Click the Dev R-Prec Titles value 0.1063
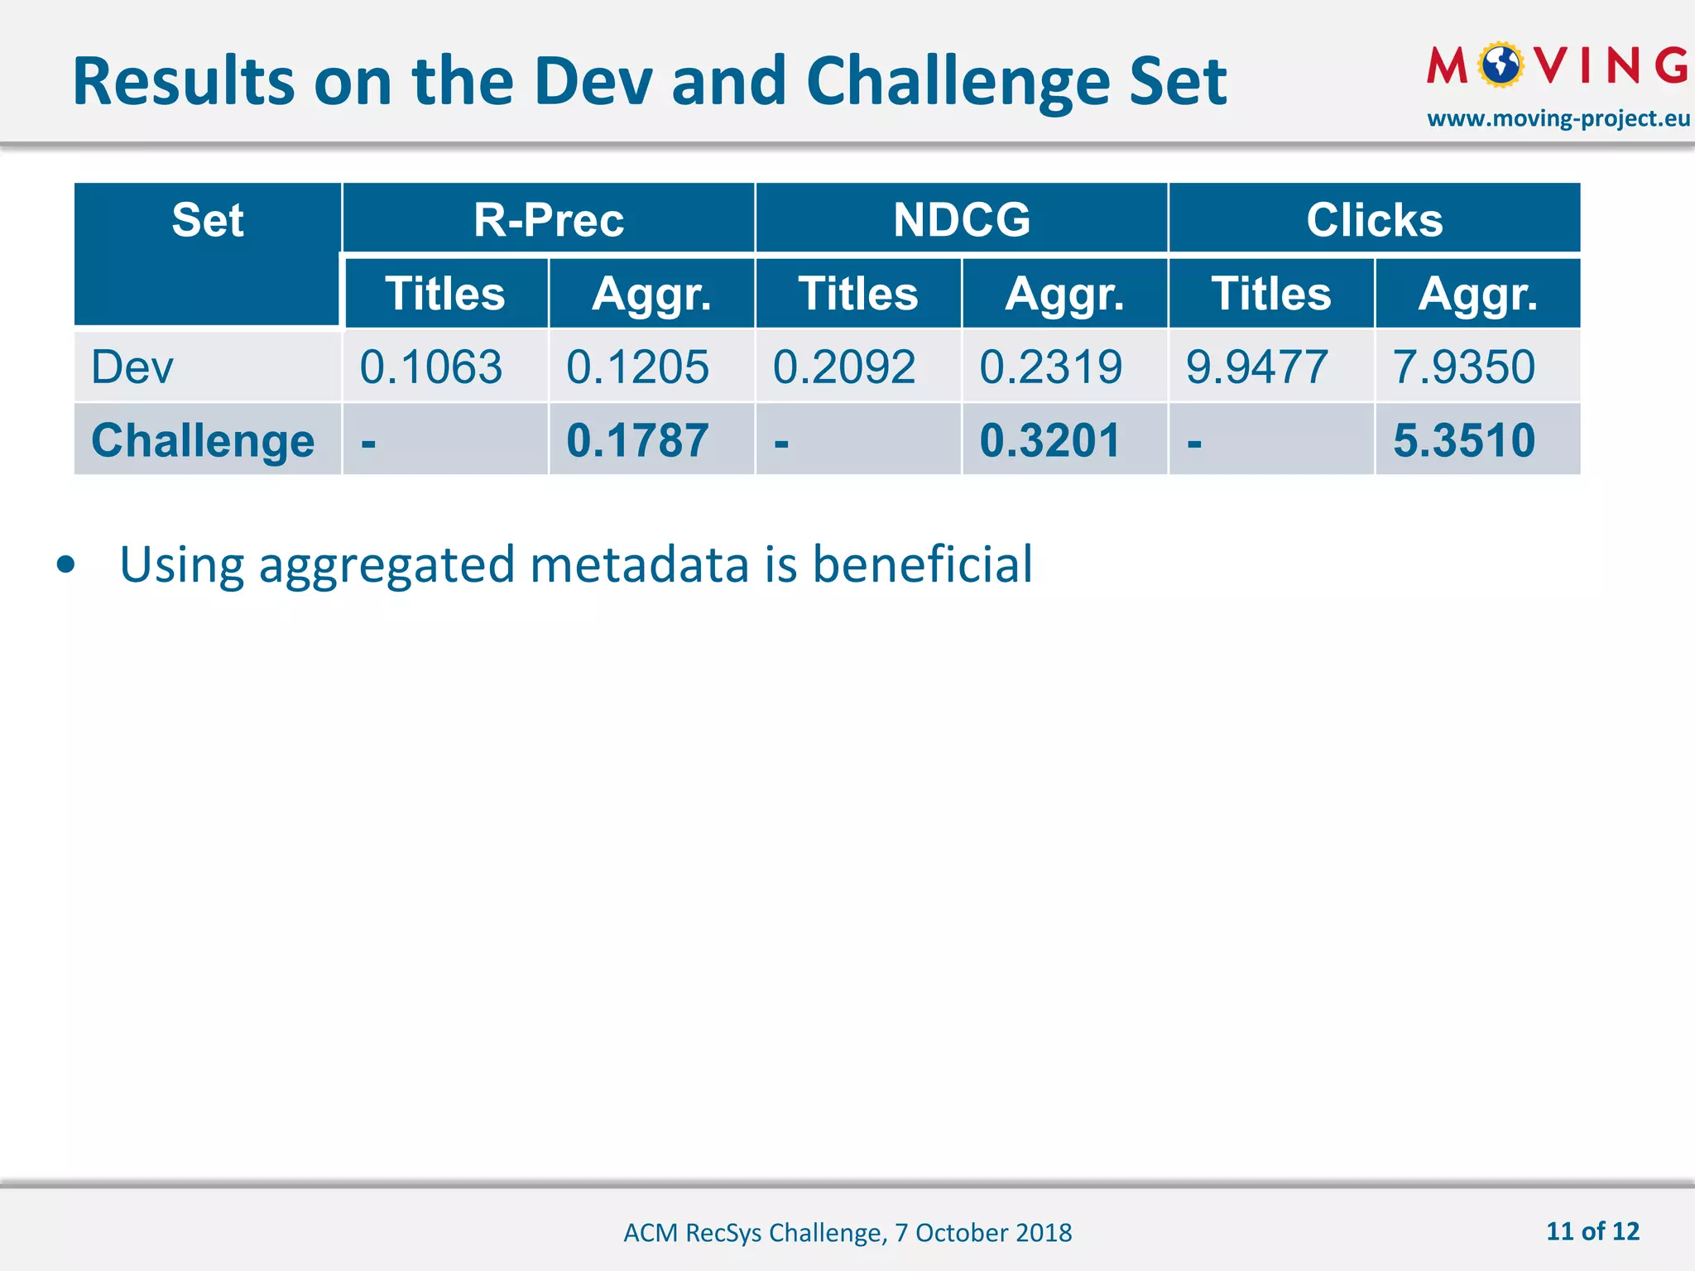click(431, 367)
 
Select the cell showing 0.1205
click(637, 367)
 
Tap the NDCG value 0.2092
click(844, 367)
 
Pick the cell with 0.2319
click(1050, 367)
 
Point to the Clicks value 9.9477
click(1256, 367)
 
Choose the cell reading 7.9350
click(1463, 367)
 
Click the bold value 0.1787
click(637, 440)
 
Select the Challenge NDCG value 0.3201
click(1049, 440)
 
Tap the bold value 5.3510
click(1463, 440)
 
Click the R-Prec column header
click(549, 220)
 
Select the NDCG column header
click(962, 220)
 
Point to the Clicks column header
click(1375, 220)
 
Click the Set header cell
click(208, 220)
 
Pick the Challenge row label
click(203, 440)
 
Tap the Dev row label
click(132, 367)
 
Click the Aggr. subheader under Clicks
click(1477, 294)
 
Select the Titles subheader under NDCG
click(858, 294)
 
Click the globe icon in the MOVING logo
click(1501, 65)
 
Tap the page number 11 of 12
click(1592, 1231)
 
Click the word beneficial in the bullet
click(922, 565)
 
